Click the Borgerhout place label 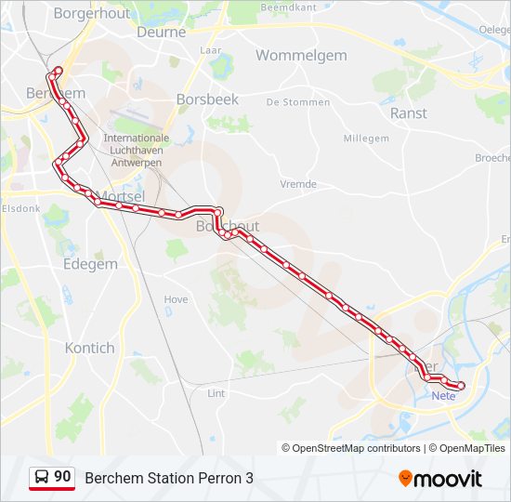point(92,14)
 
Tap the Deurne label point(162,32)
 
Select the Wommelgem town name point(301,56)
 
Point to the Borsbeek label point(207,99)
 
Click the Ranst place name point(409,113)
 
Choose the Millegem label point(366,139)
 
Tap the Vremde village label point(298,184)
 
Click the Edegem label point(90,264)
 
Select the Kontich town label point(90,348)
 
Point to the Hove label point(176,299)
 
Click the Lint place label point(216,393)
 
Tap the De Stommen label point(298,102)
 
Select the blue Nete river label point(444,396)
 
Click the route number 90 point(62,477)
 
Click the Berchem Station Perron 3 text point(168,478)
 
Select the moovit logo point(440,479)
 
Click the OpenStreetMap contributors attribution point(351,448)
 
